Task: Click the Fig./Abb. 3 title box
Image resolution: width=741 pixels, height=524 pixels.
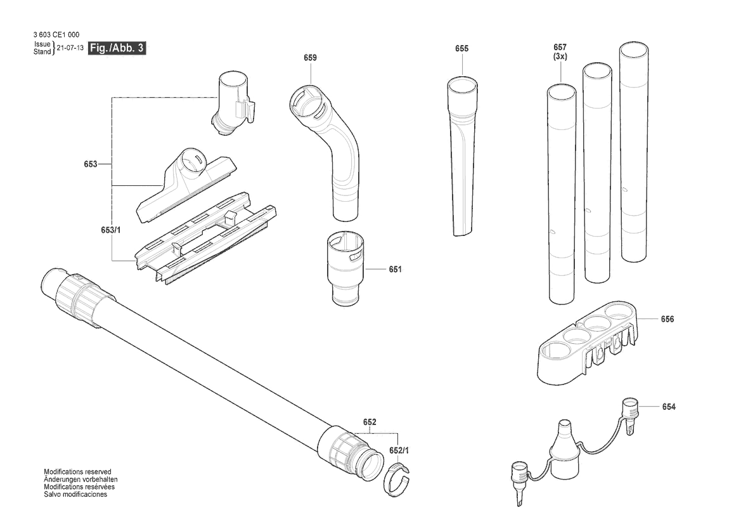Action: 117,48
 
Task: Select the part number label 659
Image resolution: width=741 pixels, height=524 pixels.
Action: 311,58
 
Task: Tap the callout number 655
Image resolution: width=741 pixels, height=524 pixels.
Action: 461,48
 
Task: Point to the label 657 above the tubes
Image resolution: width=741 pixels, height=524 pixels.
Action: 560,48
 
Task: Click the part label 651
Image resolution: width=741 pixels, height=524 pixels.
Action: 395,269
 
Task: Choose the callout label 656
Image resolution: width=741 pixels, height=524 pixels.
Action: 667,319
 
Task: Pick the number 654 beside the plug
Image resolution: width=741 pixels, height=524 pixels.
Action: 669,407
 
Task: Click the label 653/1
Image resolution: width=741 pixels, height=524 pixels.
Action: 110,230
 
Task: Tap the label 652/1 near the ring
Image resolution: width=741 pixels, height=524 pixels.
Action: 399,450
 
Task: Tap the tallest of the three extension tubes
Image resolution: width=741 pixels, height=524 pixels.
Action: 634,152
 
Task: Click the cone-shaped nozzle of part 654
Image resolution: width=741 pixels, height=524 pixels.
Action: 564,449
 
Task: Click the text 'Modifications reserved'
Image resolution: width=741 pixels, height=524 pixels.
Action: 77,471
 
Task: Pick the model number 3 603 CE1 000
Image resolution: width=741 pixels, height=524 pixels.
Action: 56,34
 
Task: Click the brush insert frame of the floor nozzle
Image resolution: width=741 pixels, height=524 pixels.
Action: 205,237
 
